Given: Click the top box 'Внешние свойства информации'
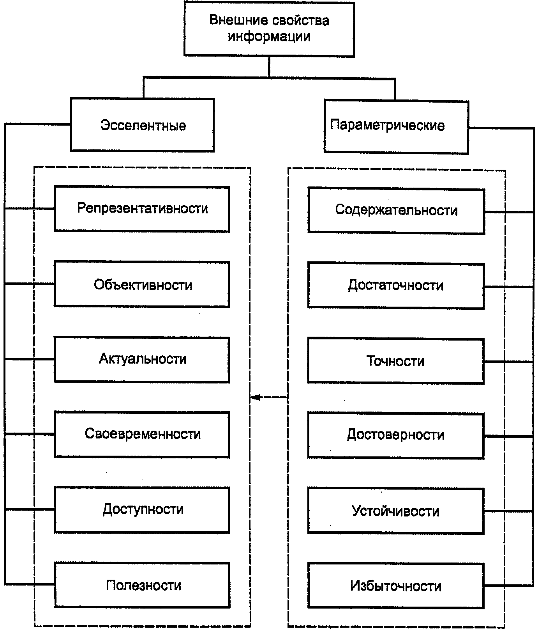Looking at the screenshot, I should click(x=269, y=29).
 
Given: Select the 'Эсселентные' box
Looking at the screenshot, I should click(x=142, y=125).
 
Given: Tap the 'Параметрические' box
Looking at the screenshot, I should click(x=396, y=126).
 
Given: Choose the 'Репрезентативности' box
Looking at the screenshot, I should click(x=141, y=209).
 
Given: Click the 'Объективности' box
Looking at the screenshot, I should click(x=141, y=284).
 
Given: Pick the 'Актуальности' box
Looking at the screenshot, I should click(x=141, y=359).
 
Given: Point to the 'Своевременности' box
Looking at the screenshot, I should click(x=142, y=434).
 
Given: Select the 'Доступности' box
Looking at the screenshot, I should click(x=142, y=509).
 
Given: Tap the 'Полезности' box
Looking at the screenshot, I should click(x=142, y=585).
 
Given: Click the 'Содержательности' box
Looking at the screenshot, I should click(x=396, y=211).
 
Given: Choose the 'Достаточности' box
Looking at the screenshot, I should click(x=396, y=286).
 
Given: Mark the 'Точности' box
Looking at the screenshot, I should click(x=395, y=361).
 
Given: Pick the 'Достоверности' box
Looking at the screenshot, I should click(x=395, y=435).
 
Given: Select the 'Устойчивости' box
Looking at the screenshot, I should click(x=395, y=511).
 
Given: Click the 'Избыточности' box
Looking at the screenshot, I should click(x=395, y=586).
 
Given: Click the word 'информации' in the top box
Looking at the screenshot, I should click(x=269, y=37).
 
